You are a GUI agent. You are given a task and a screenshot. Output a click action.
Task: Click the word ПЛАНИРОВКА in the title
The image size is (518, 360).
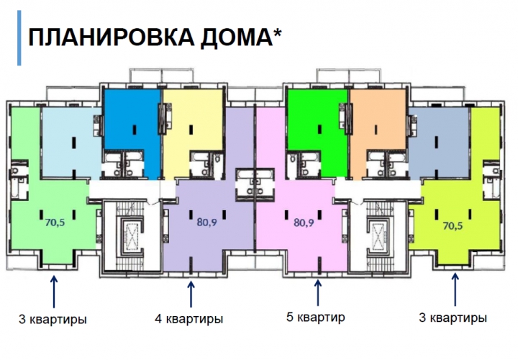tap(112, 37)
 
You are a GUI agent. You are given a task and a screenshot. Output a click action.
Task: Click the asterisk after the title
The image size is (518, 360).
tap(278, 32)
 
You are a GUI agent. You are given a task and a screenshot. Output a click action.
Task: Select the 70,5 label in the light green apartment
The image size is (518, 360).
tap(55, 222)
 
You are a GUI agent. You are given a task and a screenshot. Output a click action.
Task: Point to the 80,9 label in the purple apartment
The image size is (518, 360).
tap(206, 222)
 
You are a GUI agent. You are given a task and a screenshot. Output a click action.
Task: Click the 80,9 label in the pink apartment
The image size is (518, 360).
tap(304, 222)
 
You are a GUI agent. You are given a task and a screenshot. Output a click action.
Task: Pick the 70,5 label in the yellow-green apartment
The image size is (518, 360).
tap(453, 226)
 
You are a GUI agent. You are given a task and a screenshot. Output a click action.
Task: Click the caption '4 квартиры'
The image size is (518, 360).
tap(189, 319)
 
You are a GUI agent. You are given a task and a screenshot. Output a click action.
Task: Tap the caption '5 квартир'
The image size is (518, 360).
tap(316, 317)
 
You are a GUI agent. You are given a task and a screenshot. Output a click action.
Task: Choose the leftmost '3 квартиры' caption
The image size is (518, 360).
tap(53, 320)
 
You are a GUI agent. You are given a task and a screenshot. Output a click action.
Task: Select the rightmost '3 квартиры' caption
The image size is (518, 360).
tap(453, 318)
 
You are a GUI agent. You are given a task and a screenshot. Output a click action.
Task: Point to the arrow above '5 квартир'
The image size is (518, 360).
tap(318, 293)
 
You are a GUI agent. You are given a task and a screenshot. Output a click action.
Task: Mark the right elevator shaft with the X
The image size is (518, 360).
tap(378, 236)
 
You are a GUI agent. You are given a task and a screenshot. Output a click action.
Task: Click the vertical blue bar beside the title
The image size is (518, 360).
tap(19, 37)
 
